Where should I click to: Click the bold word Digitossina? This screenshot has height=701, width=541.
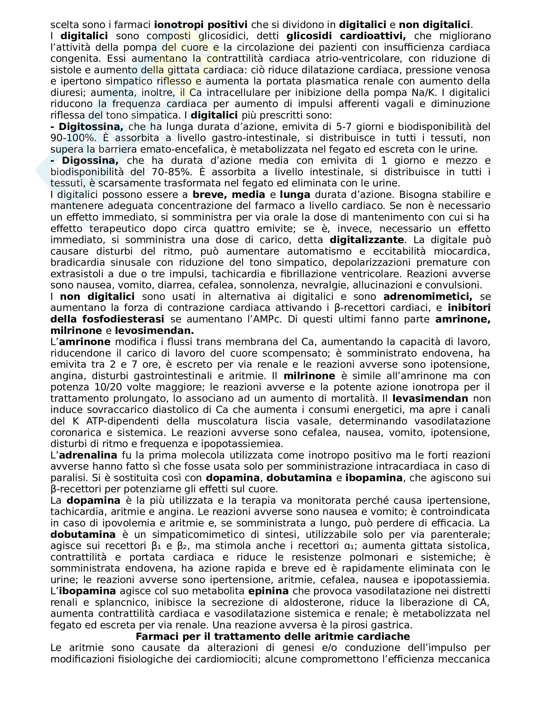pos(91,127)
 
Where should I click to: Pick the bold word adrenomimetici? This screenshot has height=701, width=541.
pos(428,296)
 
